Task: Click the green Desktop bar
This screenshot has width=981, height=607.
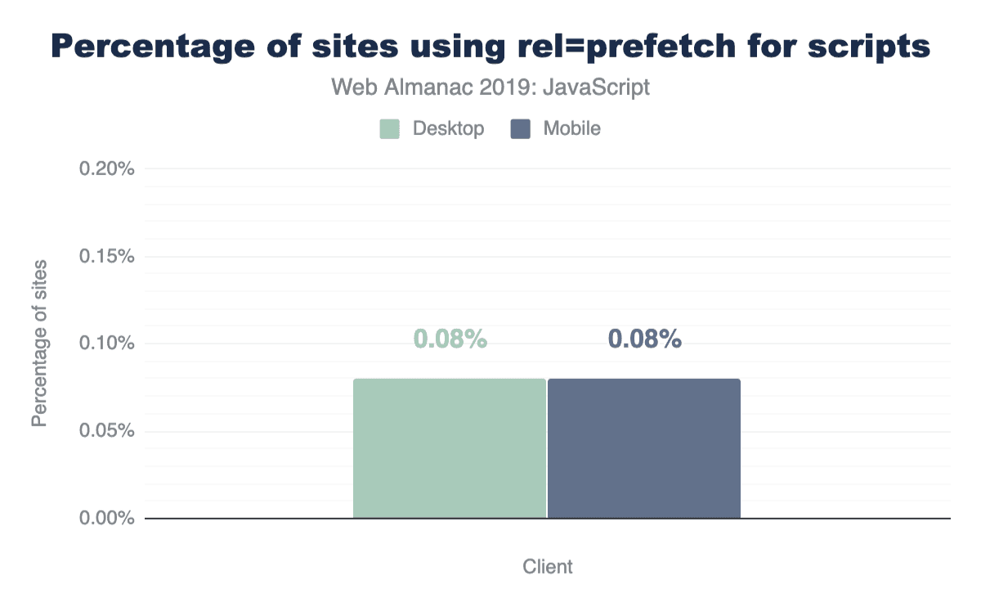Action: click(x=449, y=448)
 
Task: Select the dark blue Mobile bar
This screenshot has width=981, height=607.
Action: click(x=643, y=448)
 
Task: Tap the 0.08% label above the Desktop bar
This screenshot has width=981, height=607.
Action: click(x=450, y=339)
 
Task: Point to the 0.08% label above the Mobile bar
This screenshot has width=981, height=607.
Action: click(x=645, y=339)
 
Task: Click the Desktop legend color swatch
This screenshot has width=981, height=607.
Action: click(x=390, y=129)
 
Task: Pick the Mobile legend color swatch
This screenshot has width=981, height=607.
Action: click(x=521, y=129)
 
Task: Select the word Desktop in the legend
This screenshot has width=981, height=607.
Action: click(x=449, y=129)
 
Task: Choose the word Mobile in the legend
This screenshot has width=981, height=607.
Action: click(x=571, y=129)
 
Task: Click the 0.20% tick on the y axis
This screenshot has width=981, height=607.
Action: click(x=106, y=169)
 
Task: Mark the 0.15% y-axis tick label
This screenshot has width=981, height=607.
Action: click(x=106, y=256)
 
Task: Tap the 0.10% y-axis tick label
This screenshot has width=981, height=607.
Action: click(x=106, y=344)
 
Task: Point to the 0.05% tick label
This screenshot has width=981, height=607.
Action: click(x=106, y=431)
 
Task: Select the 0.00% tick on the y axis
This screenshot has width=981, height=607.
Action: click(x=106, y=518)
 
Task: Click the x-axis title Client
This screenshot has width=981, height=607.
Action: click(x=548, y=567)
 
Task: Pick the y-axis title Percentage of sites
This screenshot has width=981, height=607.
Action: click(x=38, y=344)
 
